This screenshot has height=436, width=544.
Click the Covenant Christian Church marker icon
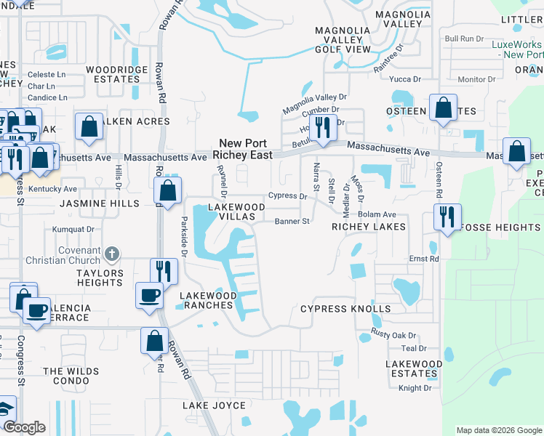(111, 254)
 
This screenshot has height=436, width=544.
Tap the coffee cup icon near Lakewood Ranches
(151, 294)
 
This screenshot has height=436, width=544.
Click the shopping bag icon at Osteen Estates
(443, 108)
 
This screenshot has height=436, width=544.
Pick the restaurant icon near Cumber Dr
(322, 127)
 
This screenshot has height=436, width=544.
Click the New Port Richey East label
(243, 149)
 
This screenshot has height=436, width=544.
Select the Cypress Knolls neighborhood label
(345, 309)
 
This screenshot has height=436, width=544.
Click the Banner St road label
(292, 221)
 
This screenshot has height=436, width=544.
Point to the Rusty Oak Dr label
(393, 335)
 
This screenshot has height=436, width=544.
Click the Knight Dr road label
(415, 388)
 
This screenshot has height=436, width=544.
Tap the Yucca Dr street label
(406, 78)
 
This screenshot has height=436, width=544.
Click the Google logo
(24, 427)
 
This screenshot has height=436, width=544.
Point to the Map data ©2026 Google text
(498, 430)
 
